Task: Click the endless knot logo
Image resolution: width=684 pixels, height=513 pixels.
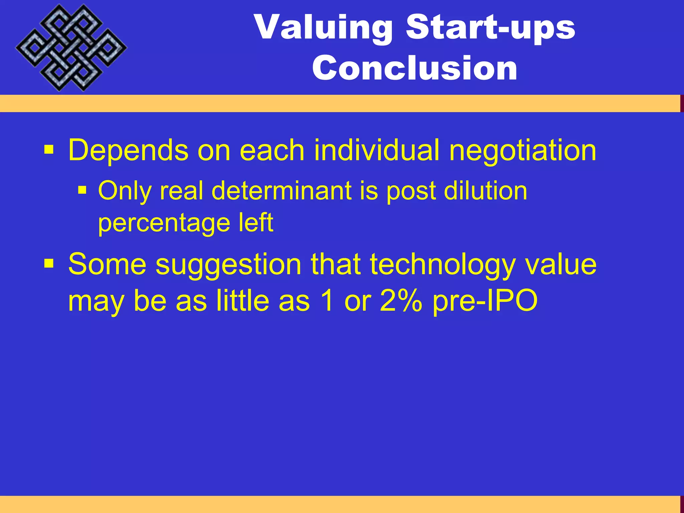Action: click(71, 48)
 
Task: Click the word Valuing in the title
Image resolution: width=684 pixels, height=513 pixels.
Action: click(323, 27)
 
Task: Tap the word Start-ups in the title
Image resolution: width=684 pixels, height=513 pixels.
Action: click(490, 27)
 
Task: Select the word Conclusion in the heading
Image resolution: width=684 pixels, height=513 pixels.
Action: click(414, 68)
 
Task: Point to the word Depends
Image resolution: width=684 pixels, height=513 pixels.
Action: click(128, 151)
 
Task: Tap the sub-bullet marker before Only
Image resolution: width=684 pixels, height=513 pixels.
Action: click(82, 191)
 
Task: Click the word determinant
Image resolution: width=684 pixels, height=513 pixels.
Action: click(282, 191)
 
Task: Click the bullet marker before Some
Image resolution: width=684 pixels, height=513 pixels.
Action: click(49, 264)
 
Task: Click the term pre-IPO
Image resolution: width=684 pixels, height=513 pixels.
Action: click(485, 301)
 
